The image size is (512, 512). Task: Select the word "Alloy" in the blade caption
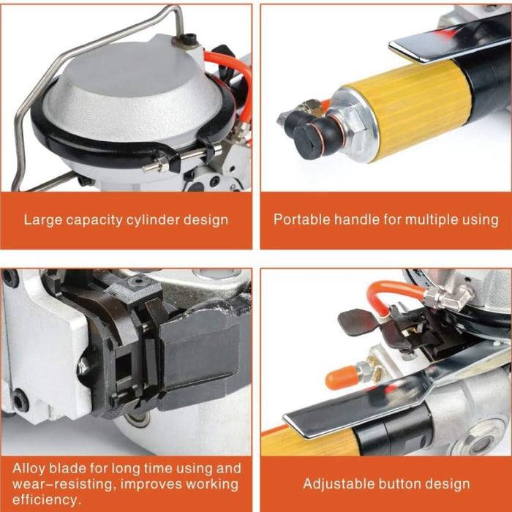[29, 469]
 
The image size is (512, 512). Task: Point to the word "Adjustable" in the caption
[336, 483]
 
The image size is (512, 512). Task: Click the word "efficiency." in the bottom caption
[47, 500]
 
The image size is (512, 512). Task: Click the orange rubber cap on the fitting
[340, 377]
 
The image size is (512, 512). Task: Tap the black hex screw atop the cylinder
[189, 39]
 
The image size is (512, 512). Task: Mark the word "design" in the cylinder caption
[206, 220]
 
